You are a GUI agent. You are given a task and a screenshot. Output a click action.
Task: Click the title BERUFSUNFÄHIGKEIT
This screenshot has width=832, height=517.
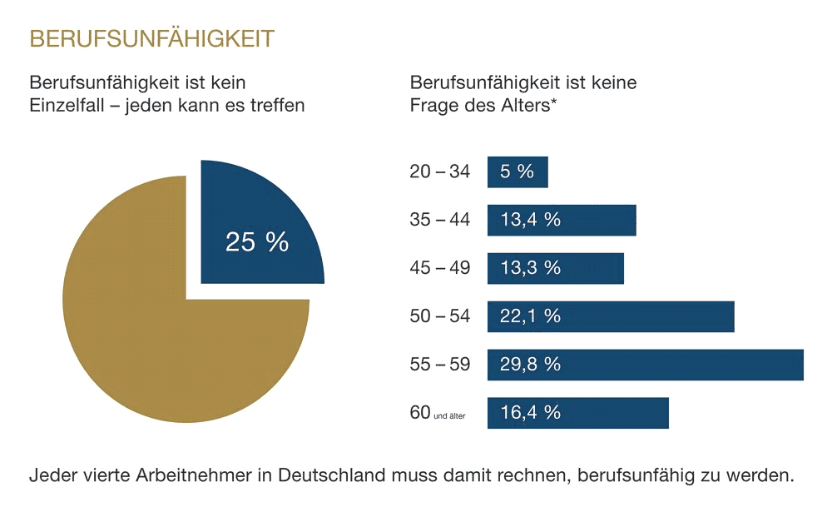(x=151, y=39)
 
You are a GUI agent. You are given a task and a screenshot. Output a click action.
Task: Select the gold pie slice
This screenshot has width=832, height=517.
(x=166, y=333)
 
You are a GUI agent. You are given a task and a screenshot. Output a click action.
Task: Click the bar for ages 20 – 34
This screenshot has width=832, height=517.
(x=518, y=172)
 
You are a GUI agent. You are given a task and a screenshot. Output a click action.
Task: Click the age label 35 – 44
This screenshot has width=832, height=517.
(x=439, y=221)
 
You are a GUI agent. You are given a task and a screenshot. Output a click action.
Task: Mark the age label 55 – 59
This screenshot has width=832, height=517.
(x=439, y=365)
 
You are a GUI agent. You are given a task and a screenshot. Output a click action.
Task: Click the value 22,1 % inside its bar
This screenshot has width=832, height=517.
(x=531, y=317)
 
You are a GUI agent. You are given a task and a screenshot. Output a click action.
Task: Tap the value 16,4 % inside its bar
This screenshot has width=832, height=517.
(x=531, y=414)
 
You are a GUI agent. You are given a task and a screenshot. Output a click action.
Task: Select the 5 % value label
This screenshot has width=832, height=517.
(x=517, y=172)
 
